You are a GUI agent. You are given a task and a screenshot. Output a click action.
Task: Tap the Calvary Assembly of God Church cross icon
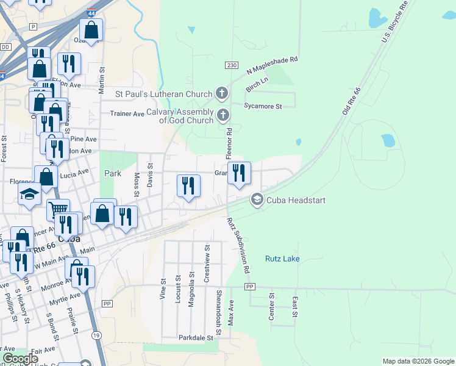(x=223, y=115)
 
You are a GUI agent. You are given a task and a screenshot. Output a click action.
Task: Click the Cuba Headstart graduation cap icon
(x=257, y=199)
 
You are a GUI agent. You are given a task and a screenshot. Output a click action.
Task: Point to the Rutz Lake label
(x=282, y=259)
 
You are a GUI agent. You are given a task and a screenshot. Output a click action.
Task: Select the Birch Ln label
(x=257, y=84)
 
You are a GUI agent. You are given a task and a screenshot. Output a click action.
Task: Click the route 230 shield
(x=231, y=65)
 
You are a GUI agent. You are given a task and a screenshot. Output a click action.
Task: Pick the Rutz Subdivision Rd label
(x=238, y=245)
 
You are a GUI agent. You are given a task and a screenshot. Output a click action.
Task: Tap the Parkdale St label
(x=196, y=337)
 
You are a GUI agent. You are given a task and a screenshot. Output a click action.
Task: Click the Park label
(x=113, y=173)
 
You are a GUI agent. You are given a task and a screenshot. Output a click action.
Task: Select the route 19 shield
(x=96, y=335)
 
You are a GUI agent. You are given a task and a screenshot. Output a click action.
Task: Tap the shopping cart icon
(x=58, y=210)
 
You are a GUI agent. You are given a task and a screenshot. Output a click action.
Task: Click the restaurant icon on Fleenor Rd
(x=240, y=173)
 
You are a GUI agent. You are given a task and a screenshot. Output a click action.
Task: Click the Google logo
(x=20, y=359)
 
